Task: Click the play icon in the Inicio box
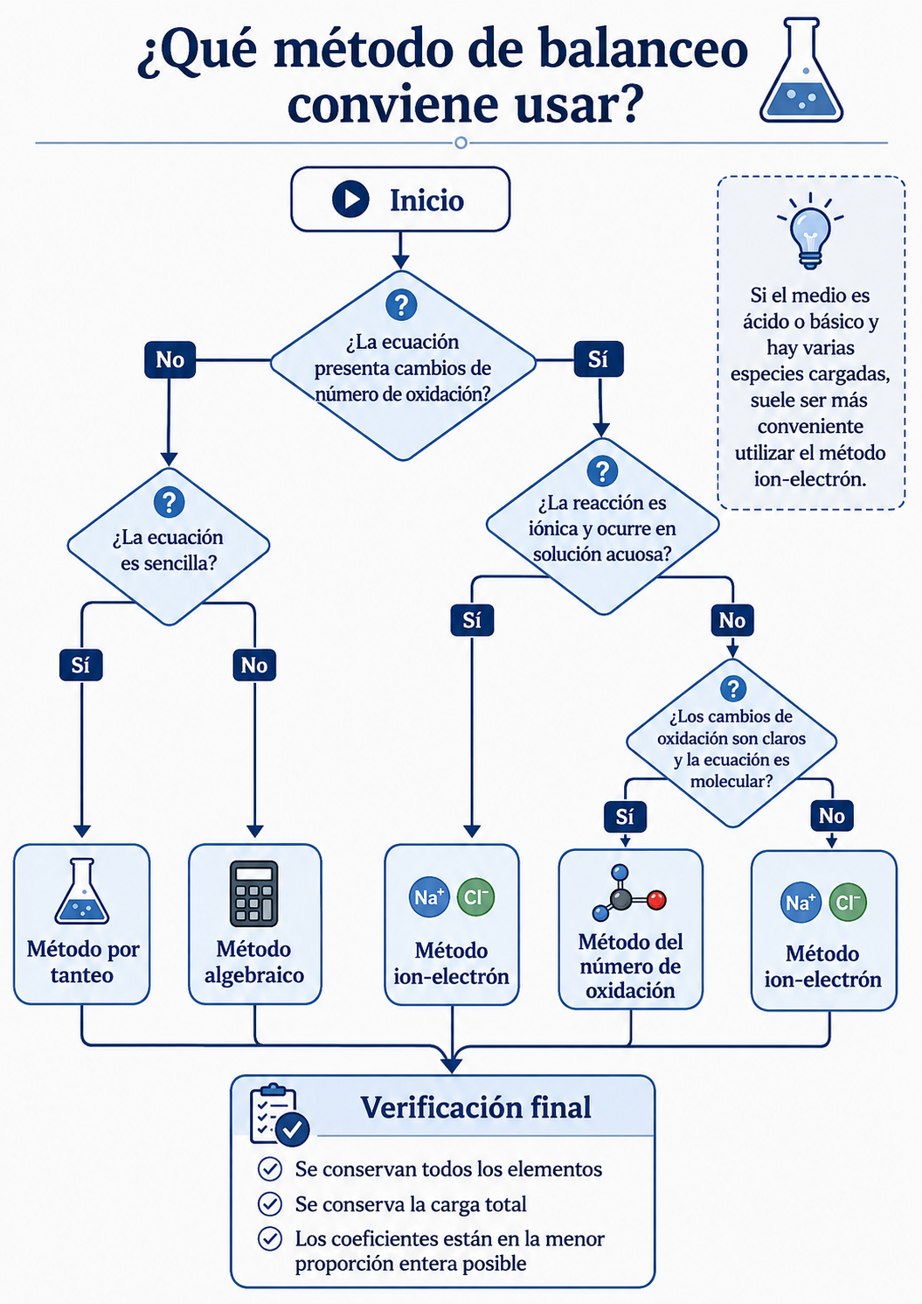[x=350, y=199]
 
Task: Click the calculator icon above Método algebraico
[x=253, y=894]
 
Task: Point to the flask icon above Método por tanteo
[x=82, y=891]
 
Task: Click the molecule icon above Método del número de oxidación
[x=629, y=893]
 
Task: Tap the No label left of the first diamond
[x=170, y=359]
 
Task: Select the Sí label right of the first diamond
[x=598, y=359]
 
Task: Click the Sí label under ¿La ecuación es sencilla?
[x=81, y=665]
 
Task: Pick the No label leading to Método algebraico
[x=254, y=665]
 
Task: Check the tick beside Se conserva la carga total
[x=270, y=1203]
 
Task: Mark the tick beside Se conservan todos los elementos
[x=270, y=1168]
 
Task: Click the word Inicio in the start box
[x=427, y=200]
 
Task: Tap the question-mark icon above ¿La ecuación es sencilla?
[x=170, y=502]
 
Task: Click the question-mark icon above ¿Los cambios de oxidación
[x=733, y=688]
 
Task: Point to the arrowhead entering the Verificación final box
[x=452, y=1065]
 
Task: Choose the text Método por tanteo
[x=83, y=962]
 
